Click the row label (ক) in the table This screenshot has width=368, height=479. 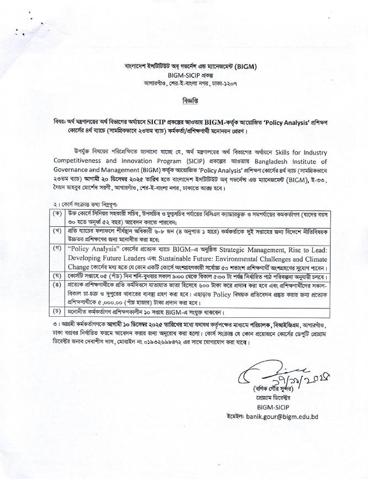pos(56,213)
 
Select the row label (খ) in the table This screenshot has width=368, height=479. pos(56,231)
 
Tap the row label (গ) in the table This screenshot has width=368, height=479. pos(56,249)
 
